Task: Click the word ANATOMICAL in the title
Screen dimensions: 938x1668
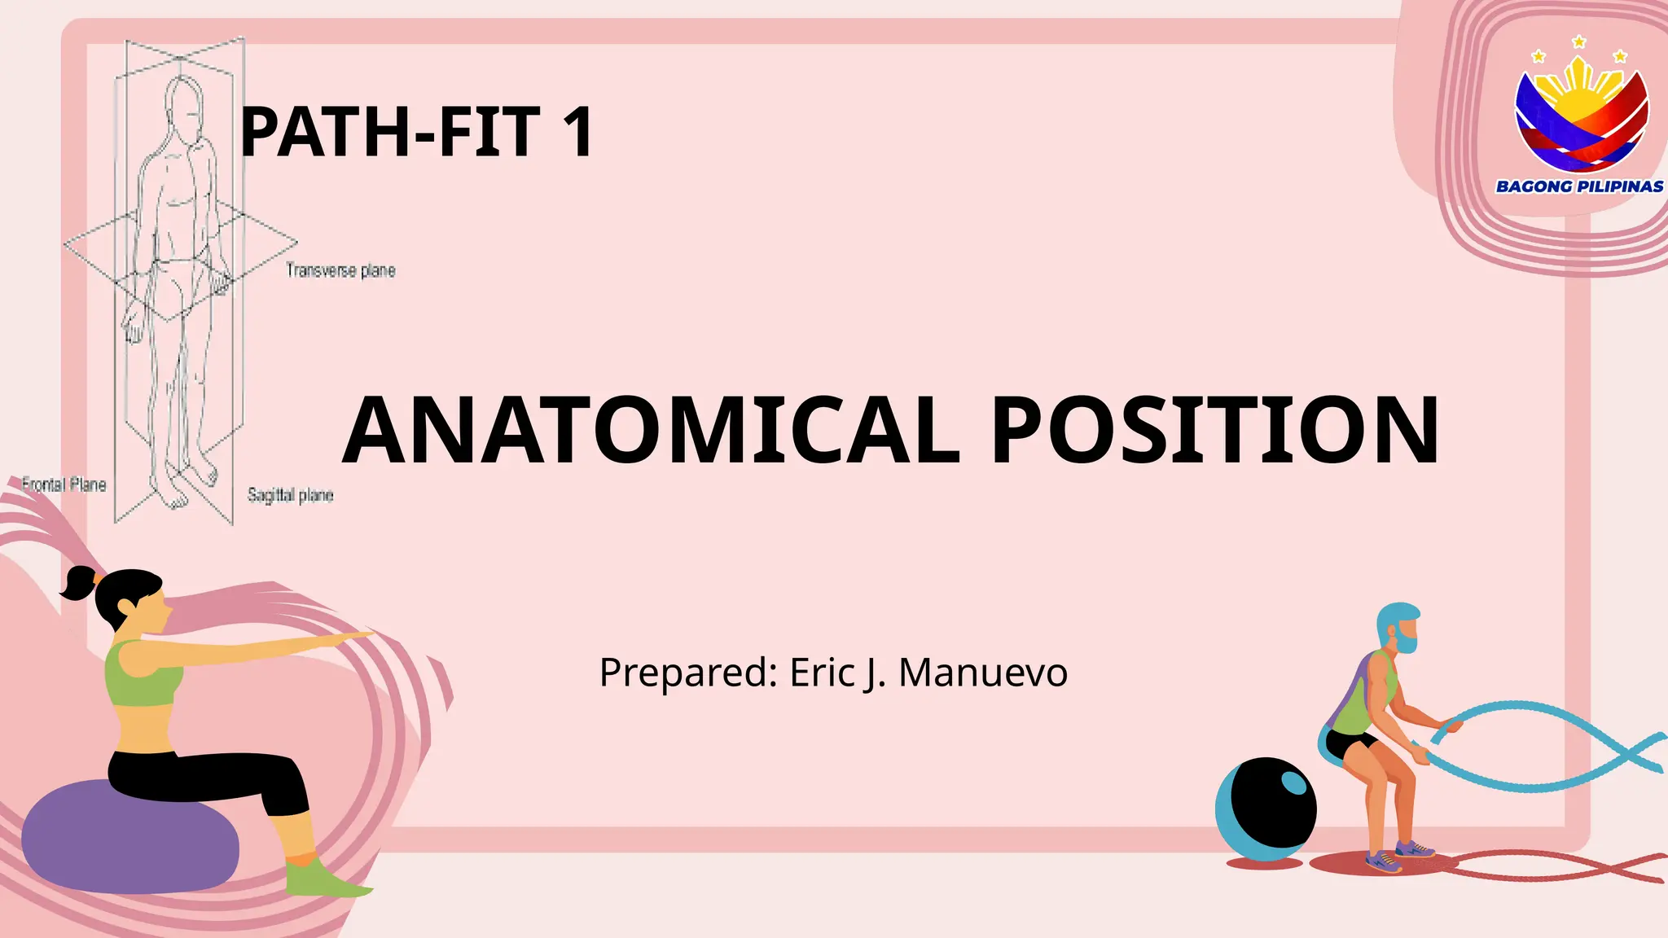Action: click(x=652, y=430)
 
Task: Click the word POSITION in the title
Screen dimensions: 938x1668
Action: click(x=1215, y=430)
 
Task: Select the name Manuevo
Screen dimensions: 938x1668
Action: click(x=983, y=673)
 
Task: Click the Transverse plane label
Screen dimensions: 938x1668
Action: click(x=340, y=270)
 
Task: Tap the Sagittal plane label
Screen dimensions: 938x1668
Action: click(x=291, y=495)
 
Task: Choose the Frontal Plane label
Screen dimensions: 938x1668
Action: click(x=64, y=485)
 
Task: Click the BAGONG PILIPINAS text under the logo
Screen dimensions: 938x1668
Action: click(x=1579, y=186)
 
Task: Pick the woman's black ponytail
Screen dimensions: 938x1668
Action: click(x=79, y=583)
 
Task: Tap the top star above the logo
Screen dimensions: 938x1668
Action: click(x=1579, y=42)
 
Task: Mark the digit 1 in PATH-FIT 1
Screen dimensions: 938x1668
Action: click(x=580, y=132)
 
